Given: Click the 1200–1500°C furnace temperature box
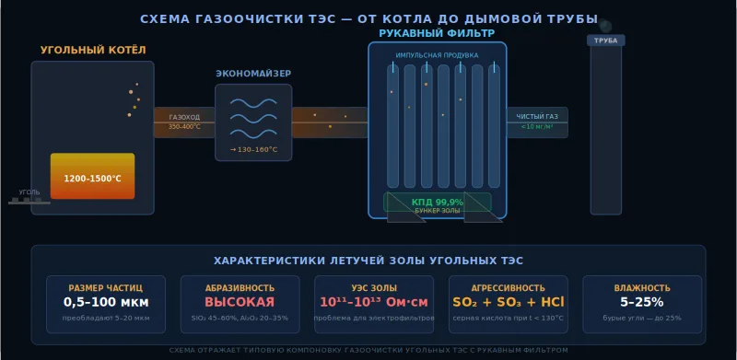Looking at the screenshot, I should [92, 178].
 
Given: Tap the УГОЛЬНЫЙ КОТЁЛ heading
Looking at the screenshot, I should [93, 50].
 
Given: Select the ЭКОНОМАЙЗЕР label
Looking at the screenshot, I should [253, 73].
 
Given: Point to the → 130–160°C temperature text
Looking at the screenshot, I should [253, 149].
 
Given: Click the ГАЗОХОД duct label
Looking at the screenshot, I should [184, 118].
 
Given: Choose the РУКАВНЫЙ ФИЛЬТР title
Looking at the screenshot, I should [437, 34].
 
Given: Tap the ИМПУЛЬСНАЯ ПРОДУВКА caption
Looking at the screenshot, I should [437, 55].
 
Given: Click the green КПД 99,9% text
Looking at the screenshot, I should [437, 202].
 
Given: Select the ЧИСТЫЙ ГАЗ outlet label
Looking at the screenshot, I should [536, 116].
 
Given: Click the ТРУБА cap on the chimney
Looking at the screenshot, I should [605, 41].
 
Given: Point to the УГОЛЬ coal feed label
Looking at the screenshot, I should [29, 192].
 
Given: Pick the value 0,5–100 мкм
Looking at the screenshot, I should [106, 302].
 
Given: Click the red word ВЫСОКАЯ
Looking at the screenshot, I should [240, 302].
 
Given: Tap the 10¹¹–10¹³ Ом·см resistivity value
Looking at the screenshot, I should [374, 302].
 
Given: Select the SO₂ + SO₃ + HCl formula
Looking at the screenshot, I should [508, 302].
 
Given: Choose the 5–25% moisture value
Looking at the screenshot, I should [641, 302].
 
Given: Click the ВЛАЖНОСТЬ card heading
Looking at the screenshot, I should [641, 287].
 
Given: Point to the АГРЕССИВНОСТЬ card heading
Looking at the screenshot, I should [508, 287].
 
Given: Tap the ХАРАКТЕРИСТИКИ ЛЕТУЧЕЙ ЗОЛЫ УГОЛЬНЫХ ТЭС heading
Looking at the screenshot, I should [368, 261].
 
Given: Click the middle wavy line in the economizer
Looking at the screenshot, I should [253, 117].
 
